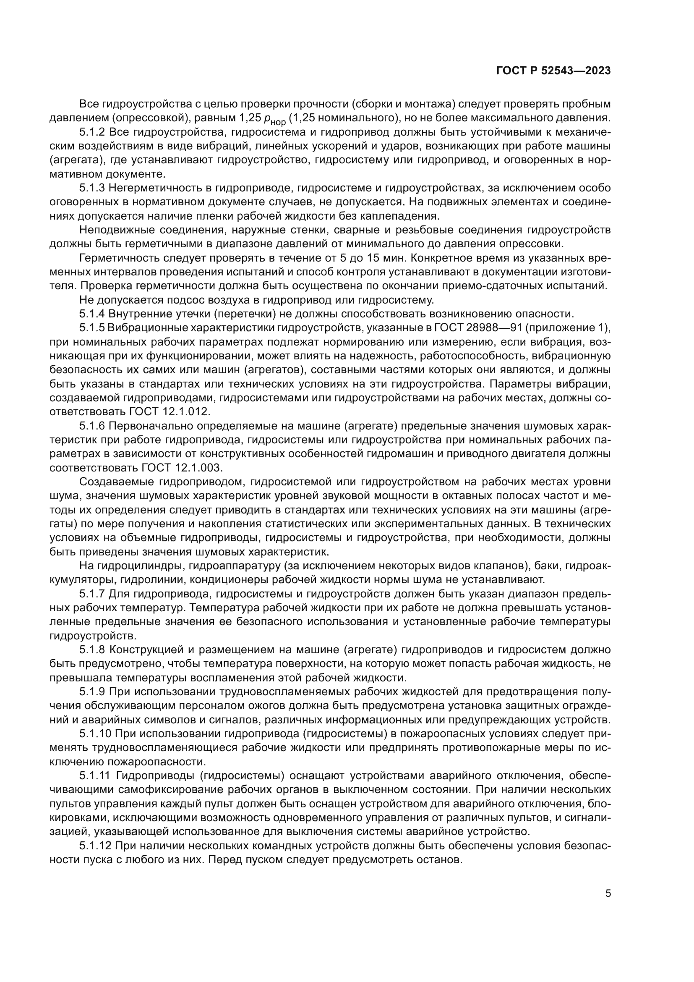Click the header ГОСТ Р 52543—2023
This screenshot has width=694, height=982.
pos(553,71)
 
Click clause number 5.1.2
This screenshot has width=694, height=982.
pos(92,132)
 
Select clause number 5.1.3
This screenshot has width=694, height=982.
pos(92,188)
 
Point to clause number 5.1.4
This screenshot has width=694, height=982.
pos(92,314)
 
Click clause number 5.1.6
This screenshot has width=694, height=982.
pos(92,426)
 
